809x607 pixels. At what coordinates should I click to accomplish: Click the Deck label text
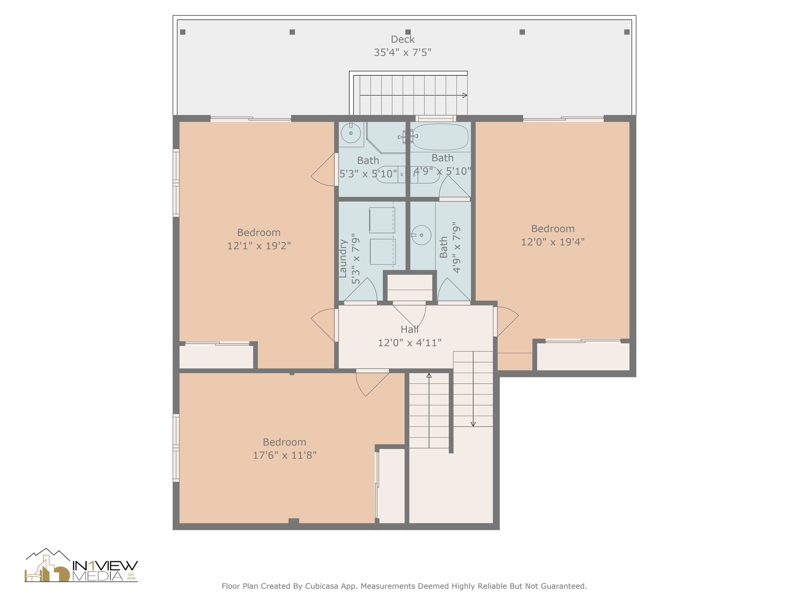click(403, 40)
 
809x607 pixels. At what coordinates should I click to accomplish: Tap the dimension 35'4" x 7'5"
click(403, 53)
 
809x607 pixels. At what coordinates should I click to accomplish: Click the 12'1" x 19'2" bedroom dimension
click(259, 246)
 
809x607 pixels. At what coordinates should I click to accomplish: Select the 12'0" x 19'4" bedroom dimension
click(553, 242)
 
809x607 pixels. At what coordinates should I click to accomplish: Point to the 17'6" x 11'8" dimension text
click(284, 455)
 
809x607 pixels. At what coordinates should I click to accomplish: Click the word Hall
click(409, 330)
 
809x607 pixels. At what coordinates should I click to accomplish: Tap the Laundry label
click(343, 258)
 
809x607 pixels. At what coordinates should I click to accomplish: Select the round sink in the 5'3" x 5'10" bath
click(351, 133)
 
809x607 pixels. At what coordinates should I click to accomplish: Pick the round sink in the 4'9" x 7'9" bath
click(421, 235)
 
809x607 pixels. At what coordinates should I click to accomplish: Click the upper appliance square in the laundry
click(382, 220)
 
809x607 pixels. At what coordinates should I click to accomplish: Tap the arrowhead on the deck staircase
click(465, 95)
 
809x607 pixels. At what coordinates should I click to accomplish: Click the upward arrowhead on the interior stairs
click(429, 375)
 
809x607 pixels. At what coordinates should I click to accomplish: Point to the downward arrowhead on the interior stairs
click(473, 424)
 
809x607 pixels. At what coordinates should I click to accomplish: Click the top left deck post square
click(182, 32)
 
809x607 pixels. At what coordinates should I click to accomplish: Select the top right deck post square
click(627, 32)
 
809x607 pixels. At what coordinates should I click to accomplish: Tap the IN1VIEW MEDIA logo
click(81, 566)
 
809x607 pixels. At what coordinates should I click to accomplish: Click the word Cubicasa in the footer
click(322, 586)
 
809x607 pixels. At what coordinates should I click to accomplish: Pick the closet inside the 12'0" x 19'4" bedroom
click(583, 357)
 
